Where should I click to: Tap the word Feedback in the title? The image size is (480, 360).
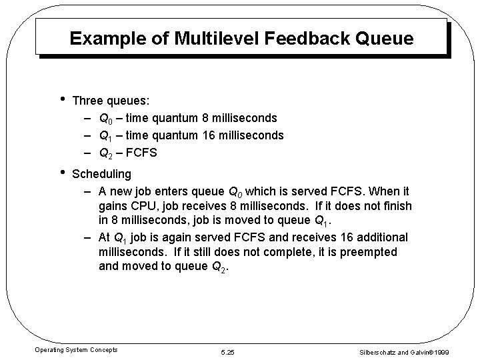pyautogui.click(x=289, y=38)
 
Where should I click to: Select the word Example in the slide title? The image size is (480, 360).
pyautogui.click(x=102, y=38)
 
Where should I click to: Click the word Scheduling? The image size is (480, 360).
pyautogui.click(x=101, y=174)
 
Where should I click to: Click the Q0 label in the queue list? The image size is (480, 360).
pyautogui.click(x=105, y=119)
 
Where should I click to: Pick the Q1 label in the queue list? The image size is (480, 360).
pyautogui.click(x=105, y=136)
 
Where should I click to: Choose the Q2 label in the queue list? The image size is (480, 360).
pyautogui.click(x=105, y=153)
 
